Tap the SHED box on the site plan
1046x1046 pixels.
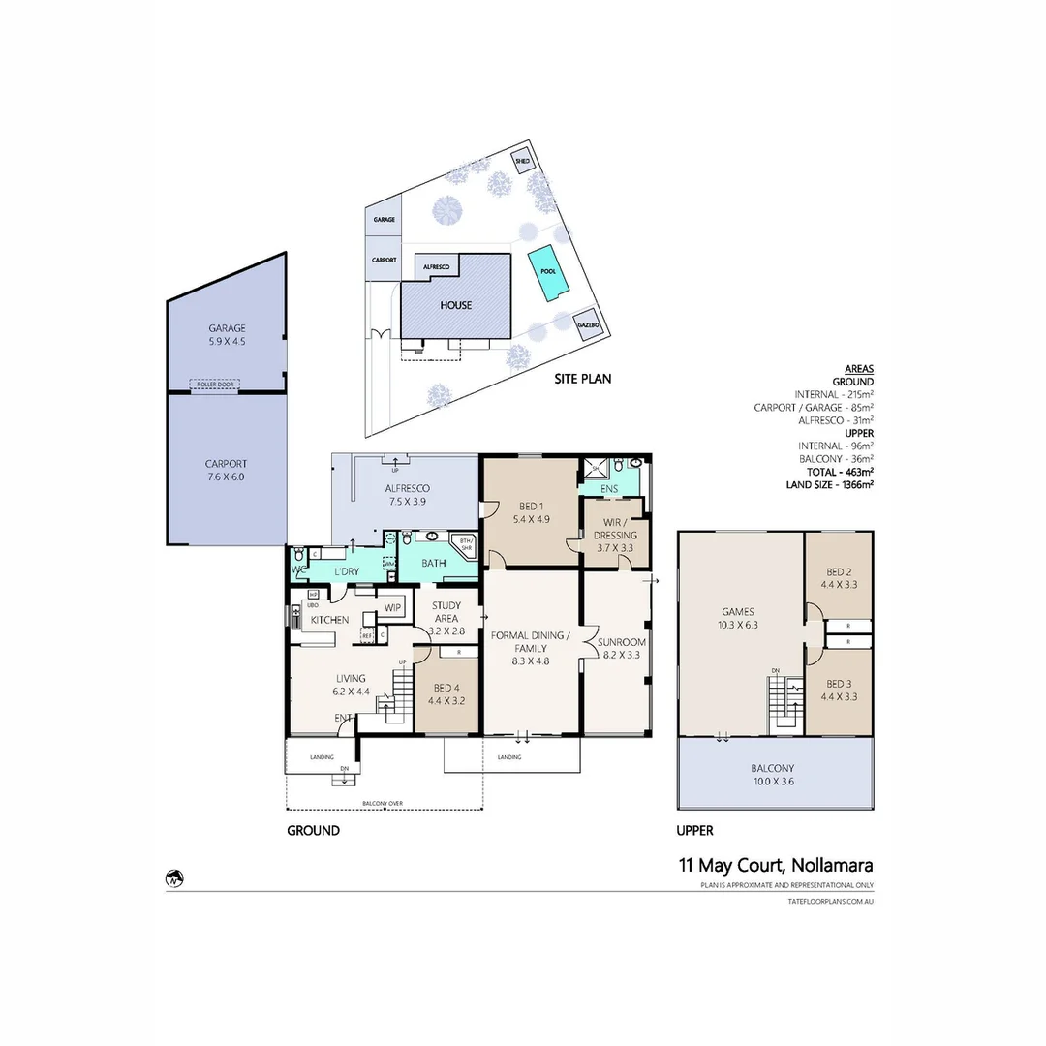pos(522,163)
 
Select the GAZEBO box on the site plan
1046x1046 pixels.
pos(587,327)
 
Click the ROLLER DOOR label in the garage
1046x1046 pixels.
pos(216,385)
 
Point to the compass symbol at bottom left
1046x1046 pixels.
pos(174,879)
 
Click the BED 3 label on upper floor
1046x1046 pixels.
pos(838,691)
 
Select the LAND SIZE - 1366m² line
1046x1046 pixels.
pos(831,485)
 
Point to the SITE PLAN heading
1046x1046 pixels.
pos(581,379)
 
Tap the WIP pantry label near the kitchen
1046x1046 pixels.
pos(392,607)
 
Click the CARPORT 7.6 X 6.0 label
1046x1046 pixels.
pos(226,470)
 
